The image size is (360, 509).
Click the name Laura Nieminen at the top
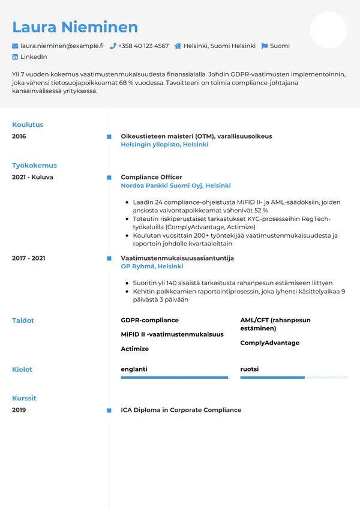pos(75,27)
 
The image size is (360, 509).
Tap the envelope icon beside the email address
pos(15,46)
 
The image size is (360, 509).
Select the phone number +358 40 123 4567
pos(143,46)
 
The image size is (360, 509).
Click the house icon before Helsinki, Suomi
pos(178,46)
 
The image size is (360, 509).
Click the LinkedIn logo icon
pos(15,56)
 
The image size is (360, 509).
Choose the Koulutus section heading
pos(28,125)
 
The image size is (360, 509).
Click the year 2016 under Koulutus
pos(19,136)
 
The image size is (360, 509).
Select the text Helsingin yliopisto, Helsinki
pos(164,145)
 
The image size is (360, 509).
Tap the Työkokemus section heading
pos(34,166)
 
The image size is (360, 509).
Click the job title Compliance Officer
pos(151,177)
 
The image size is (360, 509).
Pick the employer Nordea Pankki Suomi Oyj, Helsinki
pos(176,185)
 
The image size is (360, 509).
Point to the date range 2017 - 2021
pos(29,258)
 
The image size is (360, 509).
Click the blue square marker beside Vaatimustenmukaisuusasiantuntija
pos(109,258)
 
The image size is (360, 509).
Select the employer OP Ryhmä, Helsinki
pos(152,266)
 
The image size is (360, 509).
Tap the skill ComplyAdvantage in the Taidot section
pos(269,343)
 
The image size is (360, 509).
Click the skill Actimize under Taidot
pos(134,349)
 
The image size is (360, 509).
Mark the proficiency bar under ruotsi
pos(294,378)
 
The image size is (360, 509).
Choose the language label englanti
pos(134,369)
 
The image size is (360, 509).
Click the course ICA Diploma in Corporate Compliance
pos(181,410)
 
